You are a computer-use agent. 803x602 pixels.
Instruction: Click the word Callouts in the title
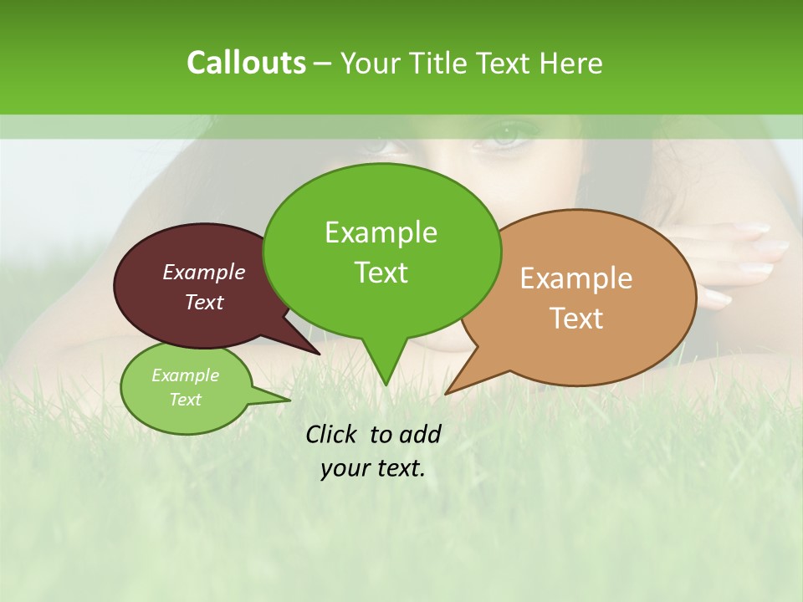click(246, 63)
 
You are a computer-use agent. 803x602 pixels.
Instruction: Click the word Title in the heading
click(440, 64)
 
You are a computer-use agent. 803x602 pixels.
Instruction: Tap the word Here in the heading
click(570, 64)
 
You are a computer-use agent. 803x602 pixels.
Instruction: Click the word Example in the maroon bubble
click(204, 272)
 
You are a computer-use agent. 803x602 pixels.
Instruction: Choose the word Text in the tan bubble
click(576, 319)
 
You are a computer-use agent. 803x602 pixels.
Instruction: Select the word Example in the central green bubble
click(381, 232)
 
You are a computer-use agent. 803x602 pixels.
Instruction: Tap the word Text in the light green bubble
click(186, 400)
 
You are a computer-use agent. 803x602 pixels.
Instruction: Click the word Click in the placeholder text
click(332, 434)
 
